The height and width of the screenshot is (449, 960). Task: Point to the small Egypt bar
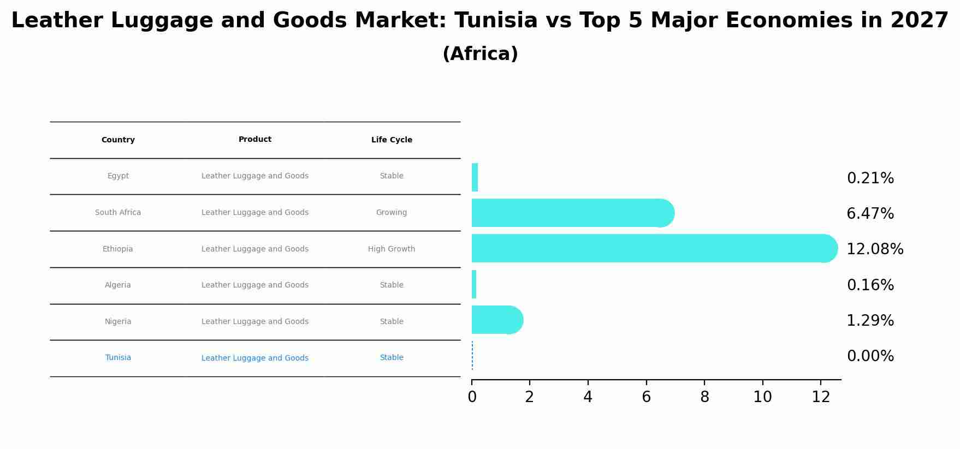pyautogui.click(x=475, y=177)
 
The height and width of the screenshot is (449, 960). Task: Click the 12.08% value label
pyautogui.click(x=875, y=249)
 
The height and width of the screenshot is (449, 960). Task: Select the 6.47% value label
pyautogui.click(x=870, y=214)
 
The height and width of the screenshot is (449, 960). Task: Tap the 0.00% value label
pyautogui.click(x=870, y=356)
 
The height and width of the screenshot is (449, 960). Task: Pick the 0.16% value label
pyautogui.click(x=870, y=285)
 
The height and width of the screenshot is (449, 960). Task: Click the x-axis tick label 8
pyautogui.click(x=704, y=397)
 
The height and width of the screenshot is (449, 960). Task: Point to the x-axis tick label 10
pyautogui.click(x=762, y=397)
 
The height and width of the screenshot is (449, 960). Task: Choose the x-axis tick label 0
pyautogui.click(x=472, y=397)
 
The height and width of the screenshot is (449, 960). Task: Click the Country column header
pyautogui.click(x=118, y=140)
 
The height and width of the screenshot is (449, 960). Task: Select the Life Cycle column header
pyautogui.click(x=392, y=140)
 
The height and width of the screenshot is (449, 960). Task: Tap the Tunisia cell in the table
pyautogui.click(x=118, y=358)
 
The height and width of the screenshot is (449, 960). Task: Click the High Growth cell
pyautogui.click(x=392, y=249)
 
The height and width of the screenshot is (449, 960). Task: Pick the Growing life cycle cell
pyautogui.click(x=392, y=213)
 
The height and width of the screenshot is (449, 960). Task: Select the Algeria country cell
pyautogui.click(x=118, y=285)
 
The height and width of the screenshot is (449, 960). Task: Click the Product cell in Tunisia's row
pyautogui.click(x=255, y=358)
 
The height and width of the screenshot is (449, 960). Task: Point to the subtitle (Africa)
pyautogui.click(x=480, y=54)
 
